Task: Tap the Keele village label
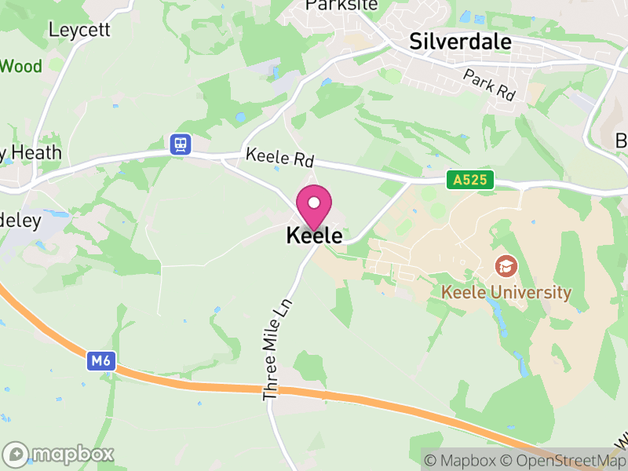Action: click(314, 235)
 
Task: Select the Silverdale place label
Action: click(460, 42)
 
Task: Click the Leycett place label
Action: click(79, 30)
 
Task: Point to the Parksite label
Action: click(341, 5)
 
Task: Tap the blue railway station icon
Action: click(181, 144)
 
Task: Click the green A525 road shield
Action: click(471, 181)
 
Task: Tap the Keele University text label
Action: click(506, 293)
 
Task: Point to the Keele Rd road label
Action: click(279, 157)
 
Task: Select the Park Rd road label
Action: click(488, 85)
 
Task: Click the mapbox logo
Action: click(59, 454)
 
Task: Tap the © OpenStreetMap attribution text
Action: click(564, 461)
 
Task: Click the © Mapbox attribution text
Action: click(463, 461)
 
